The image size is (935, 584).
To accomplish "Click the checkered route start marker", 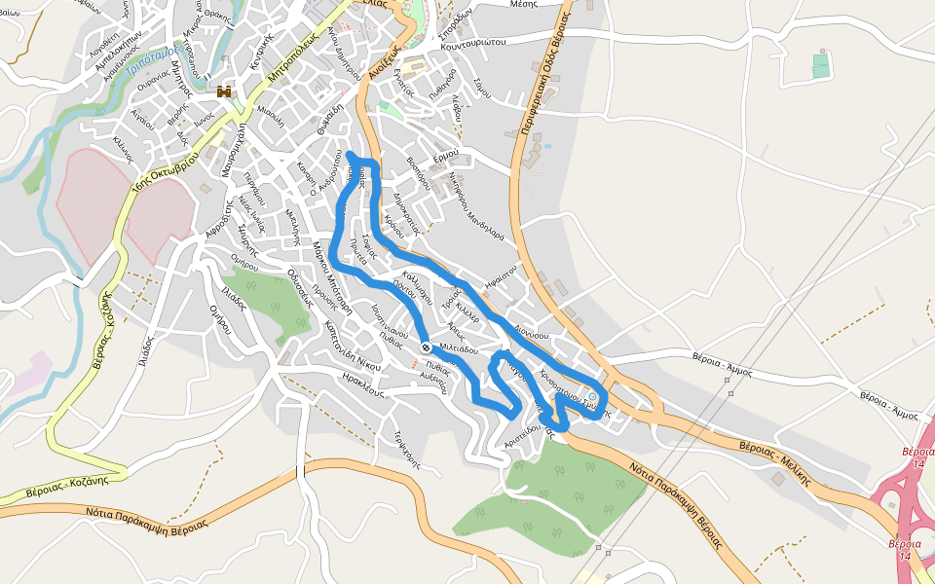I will click(426, 347).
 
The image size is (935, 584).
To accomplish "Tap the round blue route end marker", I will click(593, 397).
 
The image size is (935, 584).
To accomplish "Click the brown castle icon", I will click(225, 92).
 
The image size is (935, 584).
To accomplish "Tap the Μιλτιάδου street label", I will click(459, 347).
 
